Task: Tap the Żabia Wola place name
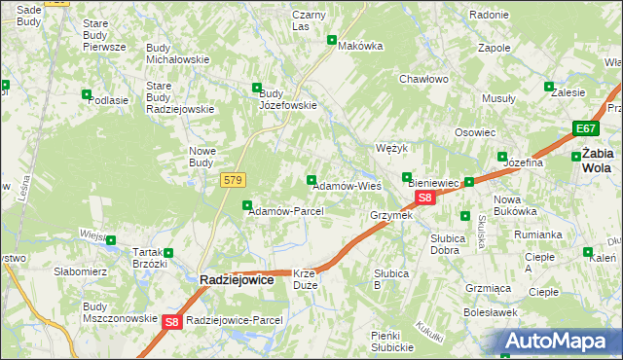pyautogui.click(x=597, y=160)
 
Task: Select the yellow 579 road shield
pyautogui.click(x=233, y=180)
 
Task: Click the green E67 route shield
pyautogui.click(x=584, y=129)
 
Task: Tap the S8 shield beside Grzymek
pyautogui.click(x=424, y=198)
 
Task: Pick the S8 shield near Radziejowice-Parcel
pyautogui.click(x=171, y=321)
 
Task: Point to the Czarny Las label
pyautogui.click(x=309, y=20)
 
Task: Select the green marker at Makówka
pyautogui.click(x=332, y=40)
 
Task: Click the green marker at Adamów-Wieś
pyautogui.click(x=311, y=179)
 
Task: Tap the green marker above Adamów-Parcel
pyautogui.click(x=247, y=204)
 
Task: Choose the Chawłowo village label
pyautogui.click(x=423, y=80)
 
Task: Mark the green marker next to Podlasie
pyautogui.click(x=87, y=94)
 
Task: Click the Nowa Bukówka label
pyautogui.click(x=515, y=205)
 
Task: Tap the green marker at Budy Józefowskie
pyautogui.click(x=257, y=87)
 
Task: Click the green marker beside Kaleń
pyautogui.click(x=587, y=251)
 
